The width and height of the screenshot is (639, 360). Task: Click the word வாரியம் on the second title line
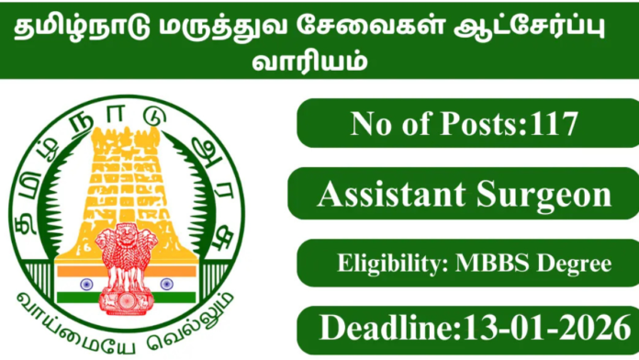[320, 65]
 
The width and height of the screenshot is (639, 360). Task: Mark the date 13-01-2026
[540, 329]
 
